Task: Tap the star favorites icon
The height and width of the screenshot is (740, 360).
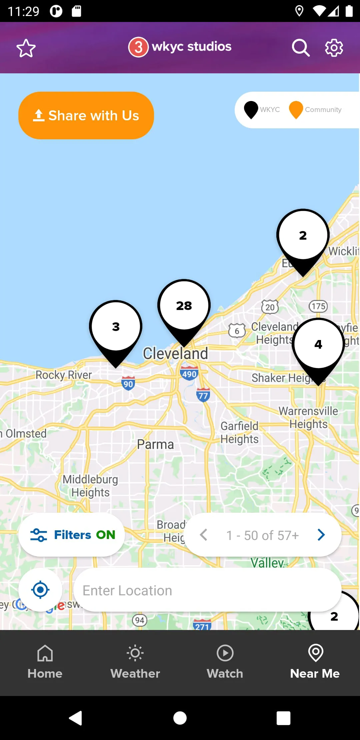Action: click(x=26, y=48)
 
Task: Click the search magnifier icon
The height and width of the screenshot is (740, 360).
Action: click(x=301, y=48)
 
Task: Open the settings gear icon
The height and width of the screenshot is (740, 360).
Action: click(x=334, y=48)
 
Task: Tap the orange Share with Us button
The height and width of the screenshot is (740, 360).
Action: click(x=86, y=115)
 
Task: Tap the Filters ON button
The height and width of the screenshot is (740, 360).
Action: click(x=72, y=535)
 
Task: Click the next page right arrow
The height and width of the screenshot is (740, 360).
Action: click(x=321, y=535)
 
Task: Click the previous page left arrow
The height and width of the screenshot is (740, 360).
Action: click(x=204, y=535)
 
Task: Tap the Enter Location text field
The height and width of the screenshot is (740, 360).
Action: click(x=207, y=590)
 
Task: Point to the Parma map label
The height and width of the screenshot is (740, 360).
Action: click(x=155, y=444)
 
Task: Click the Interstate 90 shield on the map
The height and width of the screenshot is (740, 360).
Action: click(x=128, y=383)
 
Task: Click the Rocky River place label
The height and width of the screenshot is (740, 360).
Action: click(x=64, y=375)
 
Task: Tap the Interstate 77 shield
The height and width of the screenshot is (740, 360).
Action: click(x=203, y=395)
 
